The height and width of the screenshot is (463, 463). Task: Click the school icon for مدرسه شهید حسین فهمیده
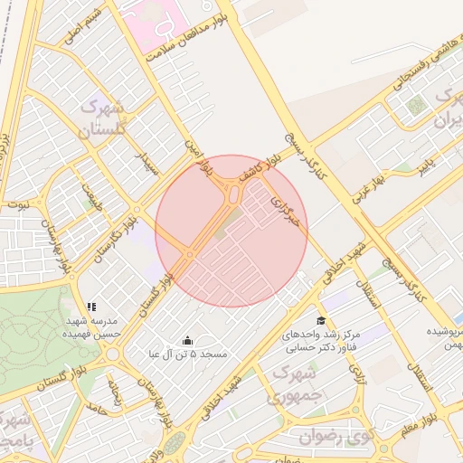[90, 308]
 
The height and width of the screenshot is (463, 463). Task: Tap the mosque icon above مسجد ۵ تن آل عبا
[187, 340]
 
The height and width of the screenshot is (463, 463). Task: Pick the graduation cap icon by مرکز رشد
[320, 321]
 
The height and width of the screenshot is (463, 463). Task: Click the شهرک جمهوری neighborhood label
[292, 383]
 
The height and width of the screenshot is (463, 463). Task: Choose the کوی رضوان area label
[335, 437]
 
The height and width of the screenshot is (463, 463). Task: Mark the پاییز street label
[426, 165]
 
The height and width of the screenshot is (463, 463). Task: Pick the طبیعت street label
[90, 194]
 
